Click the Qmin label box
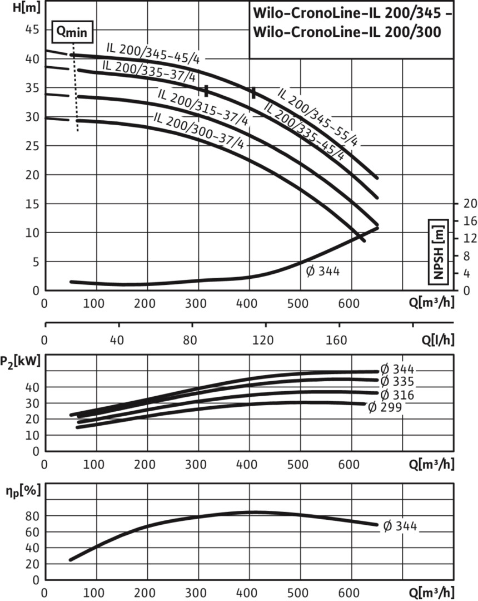click(73, 32)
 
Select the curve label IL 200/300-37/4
click(198, 130)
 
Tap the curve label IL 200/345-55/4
click(317, 115)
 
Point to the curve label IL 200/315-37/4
click(203, 106)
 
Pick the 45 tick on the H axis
click(32, 30)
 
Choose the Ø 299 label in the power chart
click(385, 407)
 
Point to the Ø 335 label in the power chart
click(397, 382)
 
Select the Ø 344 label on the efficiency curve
click(400, 526)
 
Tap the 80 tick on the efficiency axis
click(32, 516)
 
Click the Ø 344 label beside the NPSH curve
click(323, 272)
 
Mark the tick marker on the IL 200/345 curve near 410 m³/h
click(253, 93)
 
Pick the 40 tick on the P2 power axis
click(32, 387)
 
